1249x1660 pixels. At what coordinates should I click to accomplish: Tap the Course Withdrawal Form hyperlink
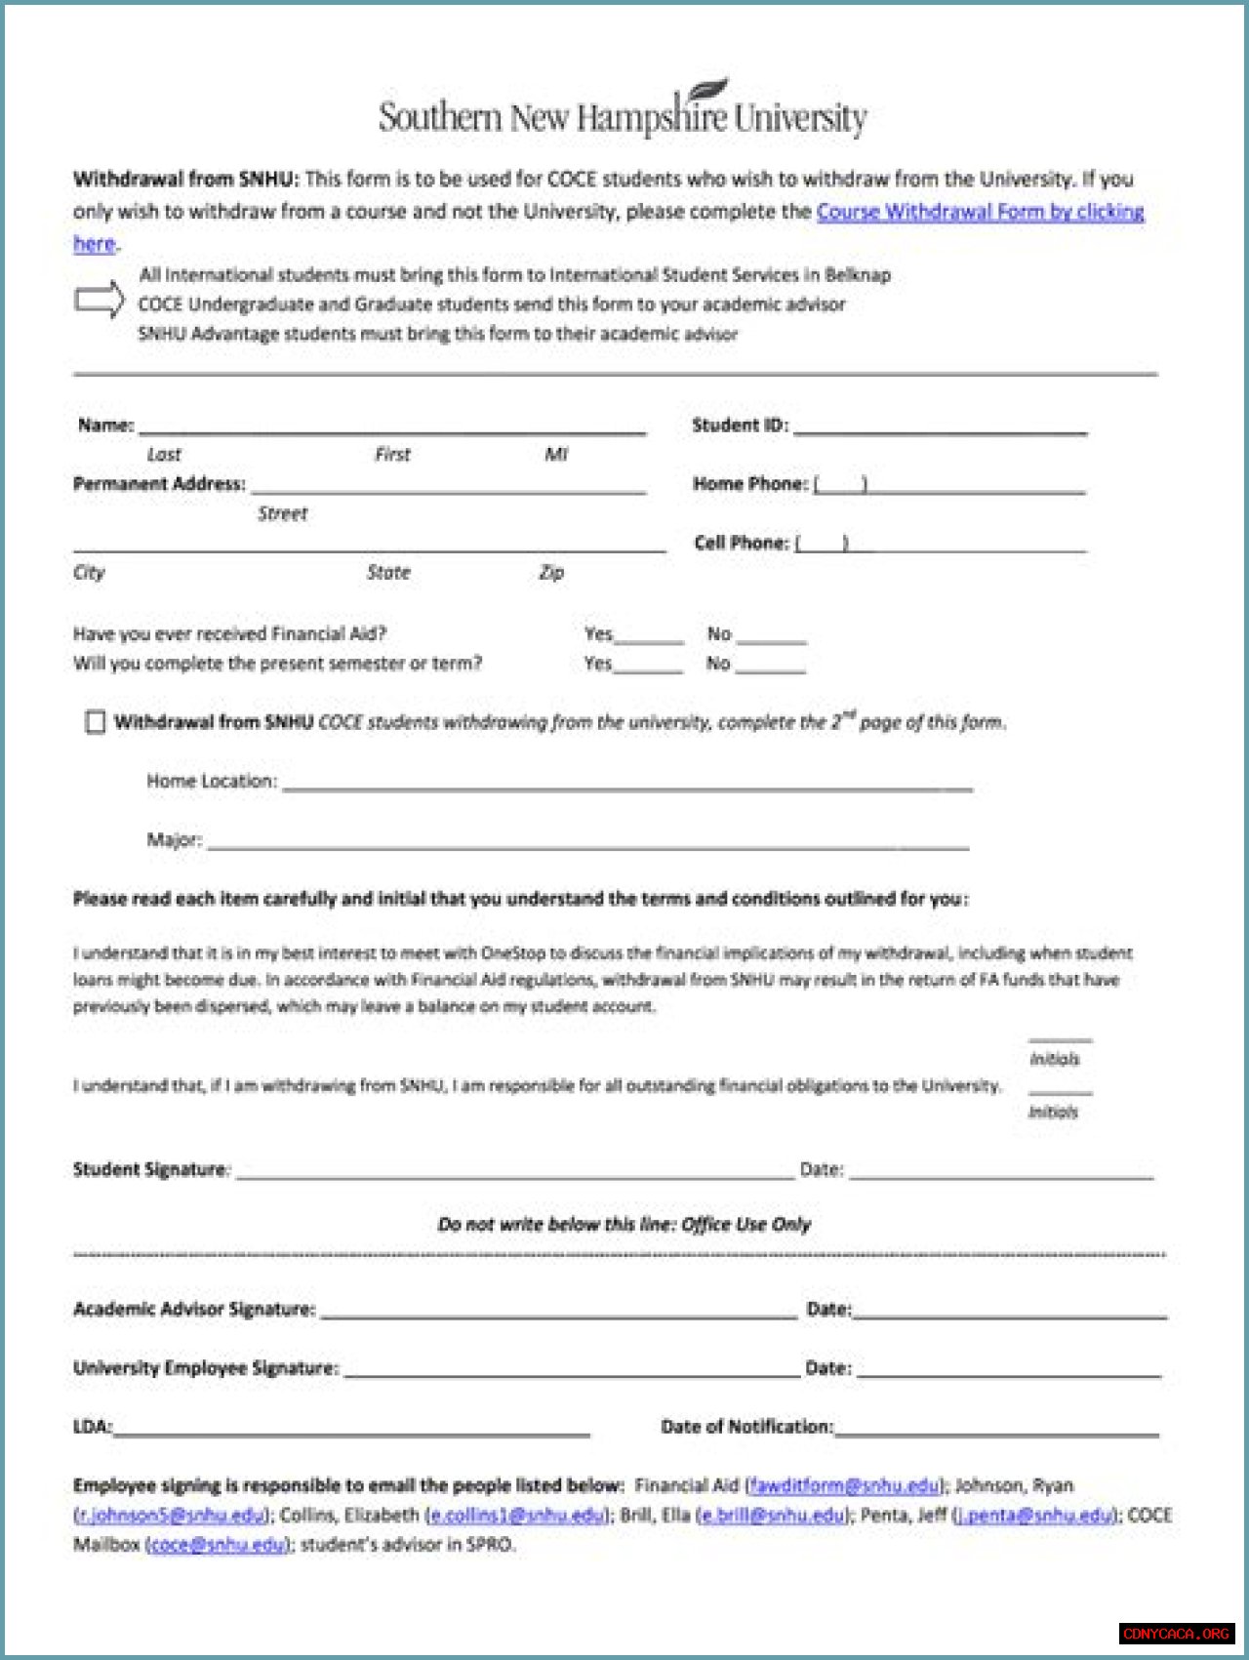(980, 212)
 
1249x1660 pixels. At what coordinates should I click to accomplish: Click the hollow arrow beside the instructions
(100, 300)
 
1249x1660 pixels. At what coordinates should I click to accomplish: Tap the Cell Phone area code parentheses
(822, 544)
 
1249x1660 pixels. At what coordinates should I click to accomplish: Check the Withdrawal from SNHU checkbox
(95, 722)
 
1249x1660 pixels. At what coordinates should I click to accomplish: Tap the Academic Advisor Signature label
(194, 1310)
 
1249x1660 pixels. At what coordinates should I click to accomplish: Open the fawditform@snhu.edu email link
(844, 1486)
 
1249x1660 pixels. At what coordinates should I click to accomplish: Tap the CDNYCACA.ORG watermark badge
(1176, 1634)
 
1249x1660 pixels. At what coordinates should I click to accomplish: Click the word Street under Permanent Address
(282, 514)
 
